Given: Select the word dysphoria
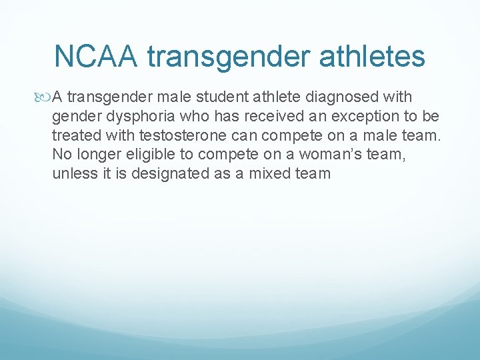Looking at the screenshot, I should click(x=127, y=117).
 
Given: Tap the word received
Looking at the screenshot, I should click(x=245, y=117).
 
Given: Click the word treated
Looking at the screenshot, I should click(x=73, y=135).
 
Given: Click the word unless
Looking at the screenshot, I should click(x=70, y=173).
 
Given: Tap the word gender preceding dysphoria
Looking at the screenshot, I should click(x=73, y=117).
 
